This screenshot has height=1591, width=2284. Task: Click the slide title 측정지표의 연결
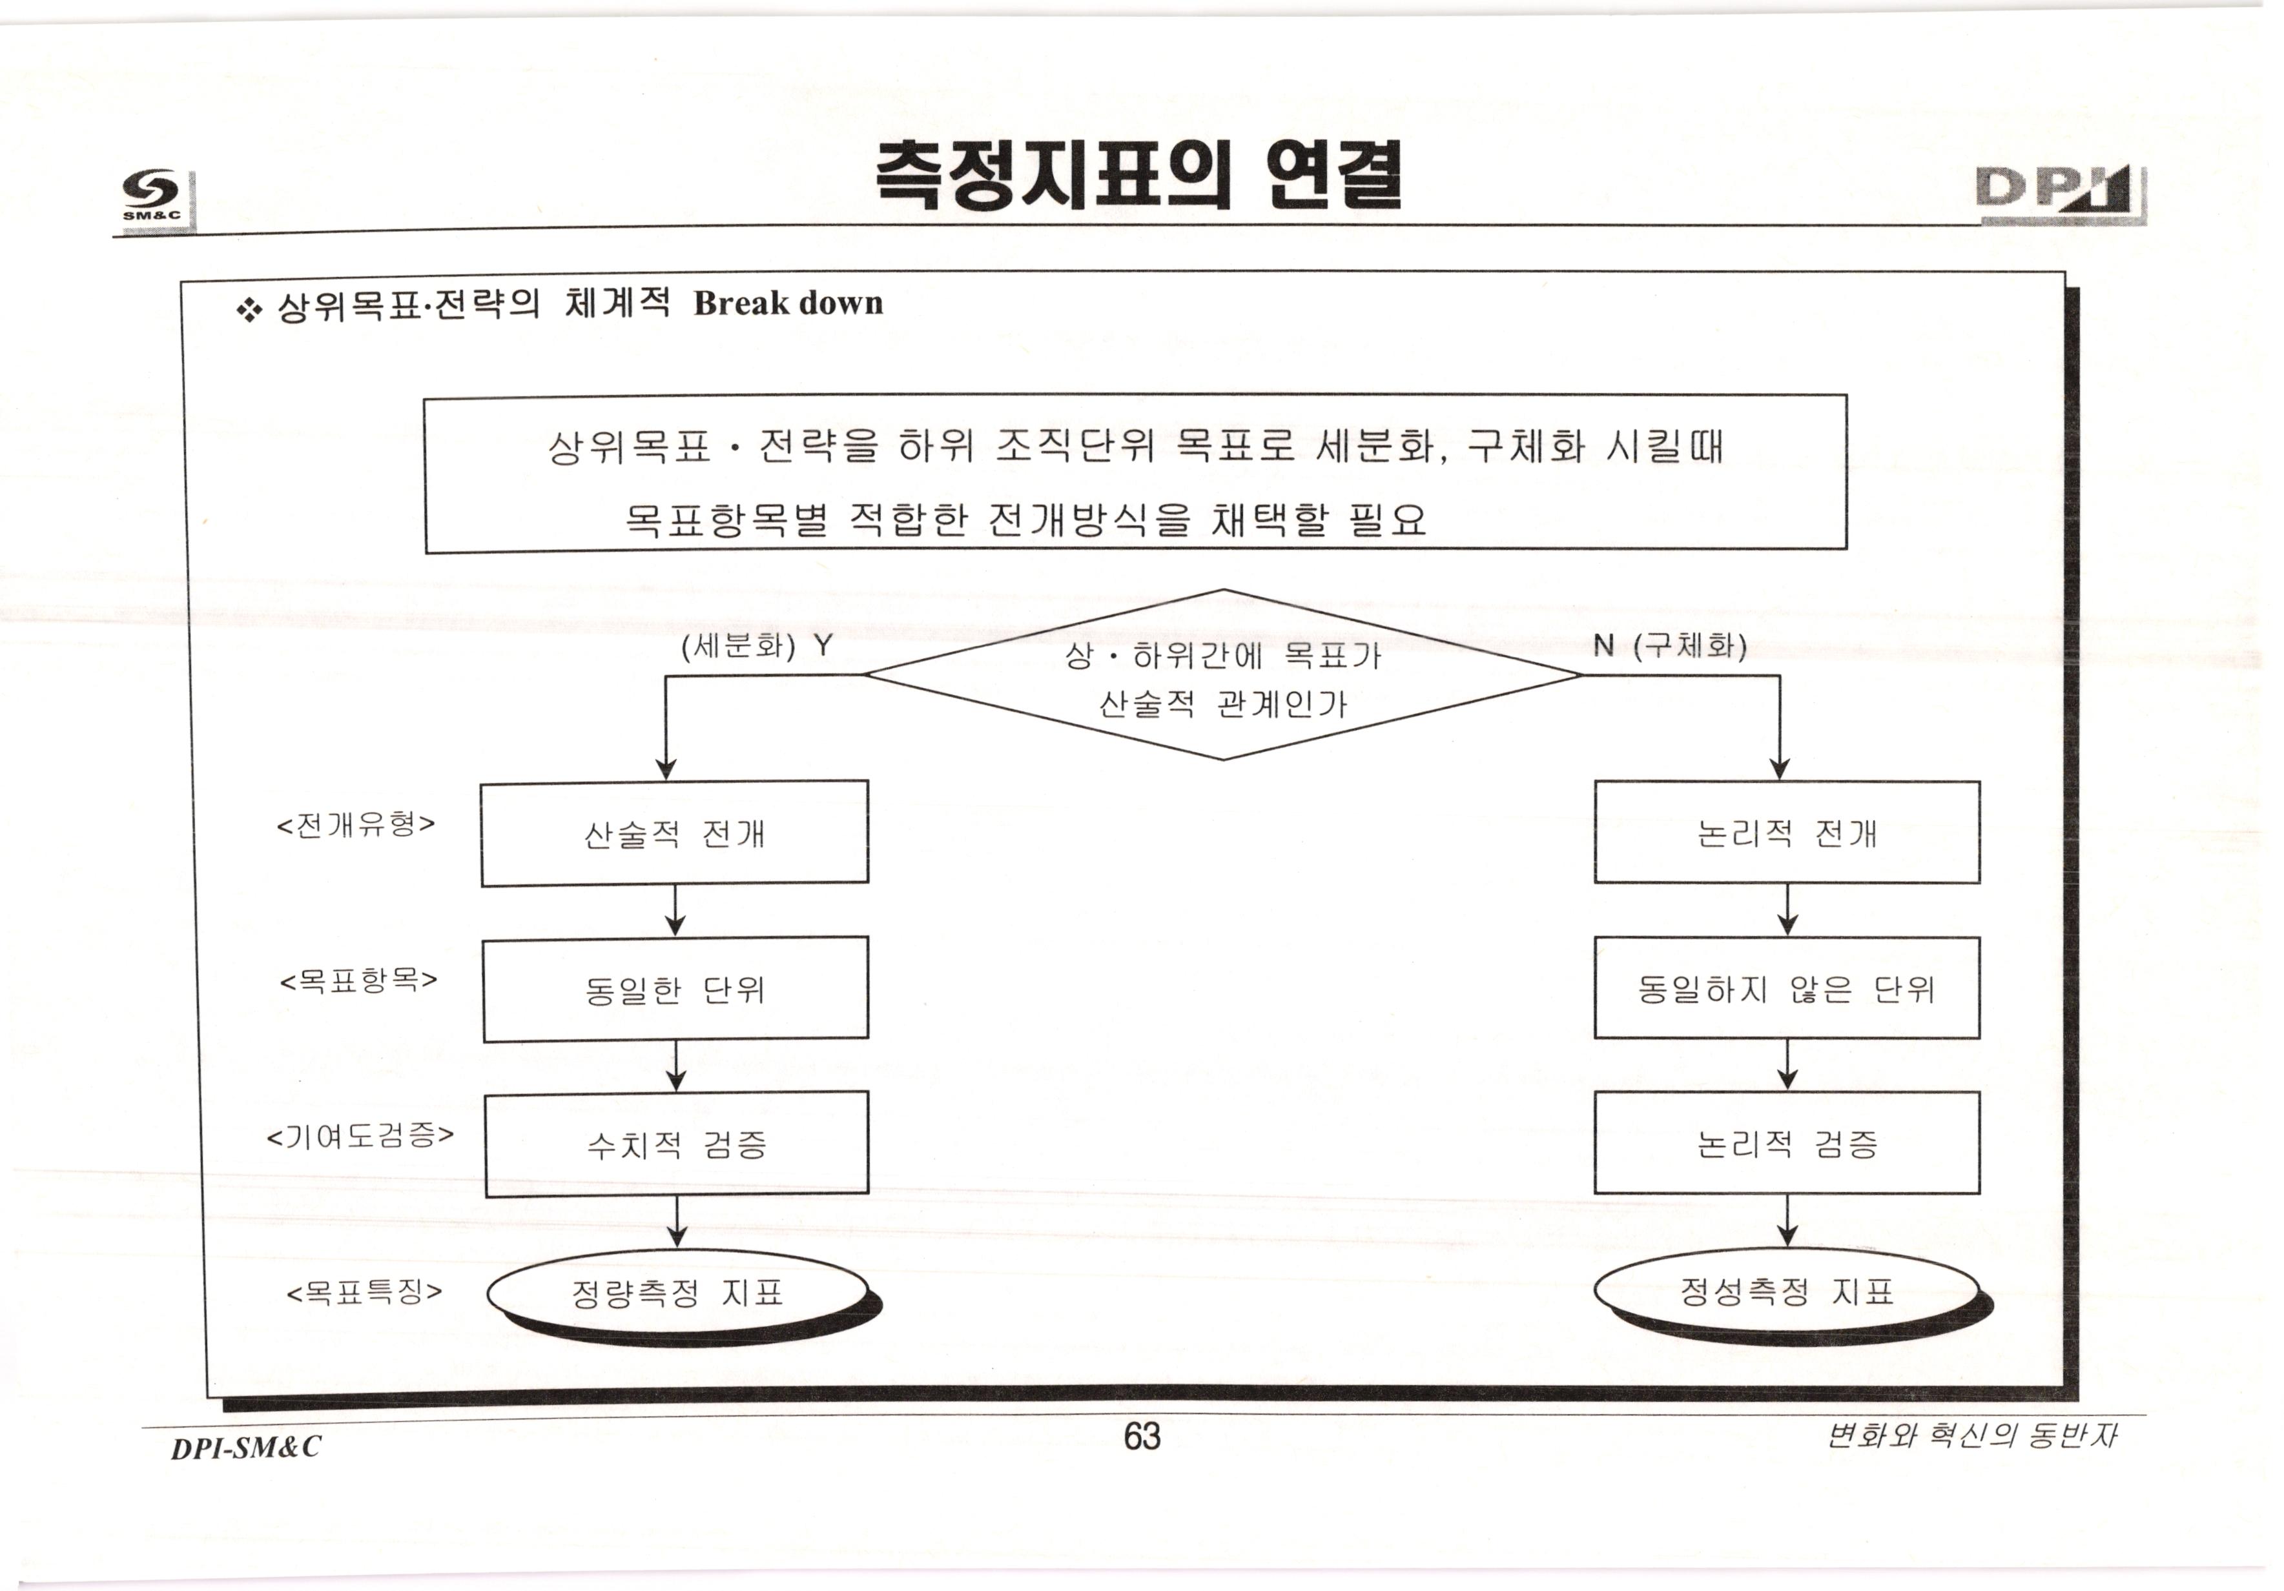[1140, 175]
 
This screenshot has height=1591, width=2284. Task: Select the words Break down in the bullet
[788, 303]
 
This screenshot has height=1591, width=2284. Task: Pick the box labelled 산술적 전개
[674, 833]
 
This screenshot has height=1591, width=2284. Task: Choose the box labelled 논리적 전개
[1787, 833]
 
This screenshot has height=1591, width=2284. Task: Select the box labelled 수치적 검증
[677, 1144]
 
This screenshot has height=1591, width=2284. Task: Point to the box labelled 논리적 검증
[1787, 1144]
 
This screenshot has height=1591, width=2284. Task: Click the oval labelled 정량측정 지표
[677, 1293]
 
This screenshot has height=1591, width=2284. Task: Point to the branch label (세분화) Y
[756, 646]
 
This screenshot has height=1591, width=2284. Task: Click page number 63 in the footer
[1142, 1437]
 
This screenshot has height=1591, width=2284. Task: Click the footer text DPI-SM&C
[246, 1447]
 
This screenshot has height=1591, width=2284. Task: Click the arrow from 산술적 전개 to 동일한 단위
[675, 910]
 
